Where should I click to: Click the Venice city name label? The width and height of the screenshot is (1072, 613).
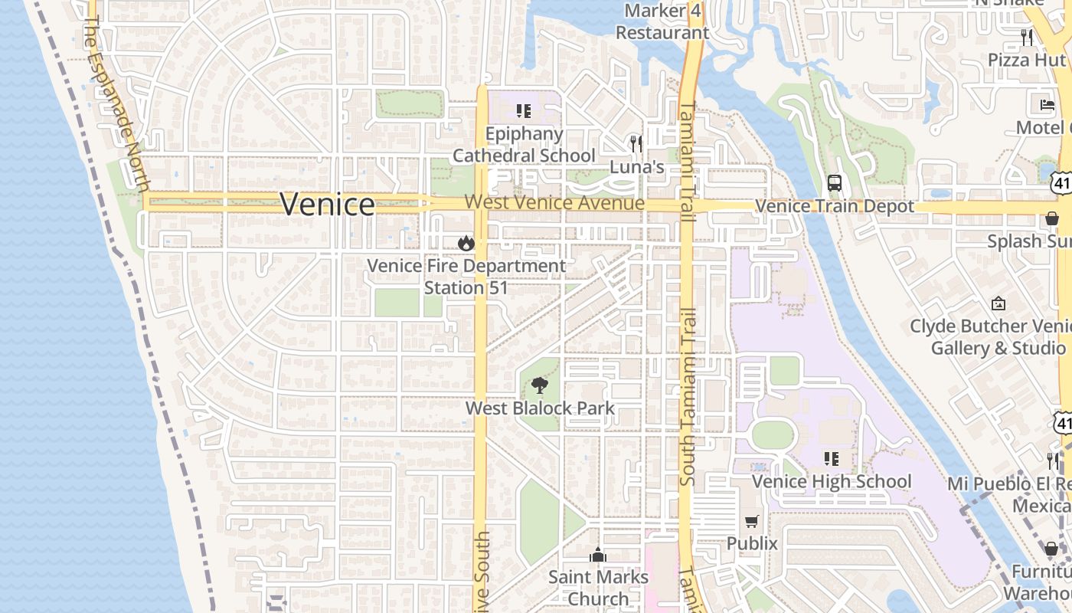click(327, 205)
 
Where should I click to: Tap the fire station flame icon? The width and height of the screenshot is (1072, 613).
click(465, 244)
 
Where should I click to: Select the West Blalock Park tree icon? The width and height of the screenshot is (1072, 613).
click(540, 385)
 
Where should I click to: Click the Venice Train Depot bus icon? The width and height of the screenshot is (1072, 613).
click(835, 184)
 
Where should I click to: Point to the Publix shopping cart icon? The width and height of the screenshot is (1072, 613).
click(752, 521)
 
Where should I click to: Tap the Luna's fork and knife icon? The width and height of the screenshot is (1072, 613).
click(636, 143)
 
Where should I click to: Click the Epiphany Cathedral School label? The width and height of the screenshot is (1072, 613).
click(524, 145)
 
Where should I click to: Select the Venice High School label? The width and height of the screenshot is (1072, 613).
click(831, 481)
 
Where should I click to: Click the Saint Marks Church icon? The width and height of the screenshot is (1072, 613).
click(598, 555)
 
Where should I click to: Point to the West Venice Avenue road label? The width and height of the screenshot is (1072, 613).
click(554, 203)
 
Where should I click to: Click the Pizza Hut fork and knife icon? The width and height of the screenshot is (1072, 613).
click(1027, 37)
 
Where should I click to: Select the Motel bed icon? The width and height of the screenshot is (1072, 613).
click(1047, 105)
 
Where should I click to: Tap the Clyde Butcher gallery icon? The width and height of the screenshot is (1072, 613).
click(998, 303)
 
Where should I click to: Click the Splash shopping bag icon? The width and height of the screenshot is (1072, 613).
click(1052, 219)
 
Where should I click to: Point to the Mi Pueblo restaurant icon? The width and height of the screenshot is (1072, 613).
click(1054, 461)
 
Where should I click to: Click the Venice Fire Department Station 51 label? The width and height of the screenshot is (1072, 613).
click(466, 277)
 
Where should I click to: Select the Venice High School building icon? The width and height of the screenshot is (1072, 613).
click(831, 459)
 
